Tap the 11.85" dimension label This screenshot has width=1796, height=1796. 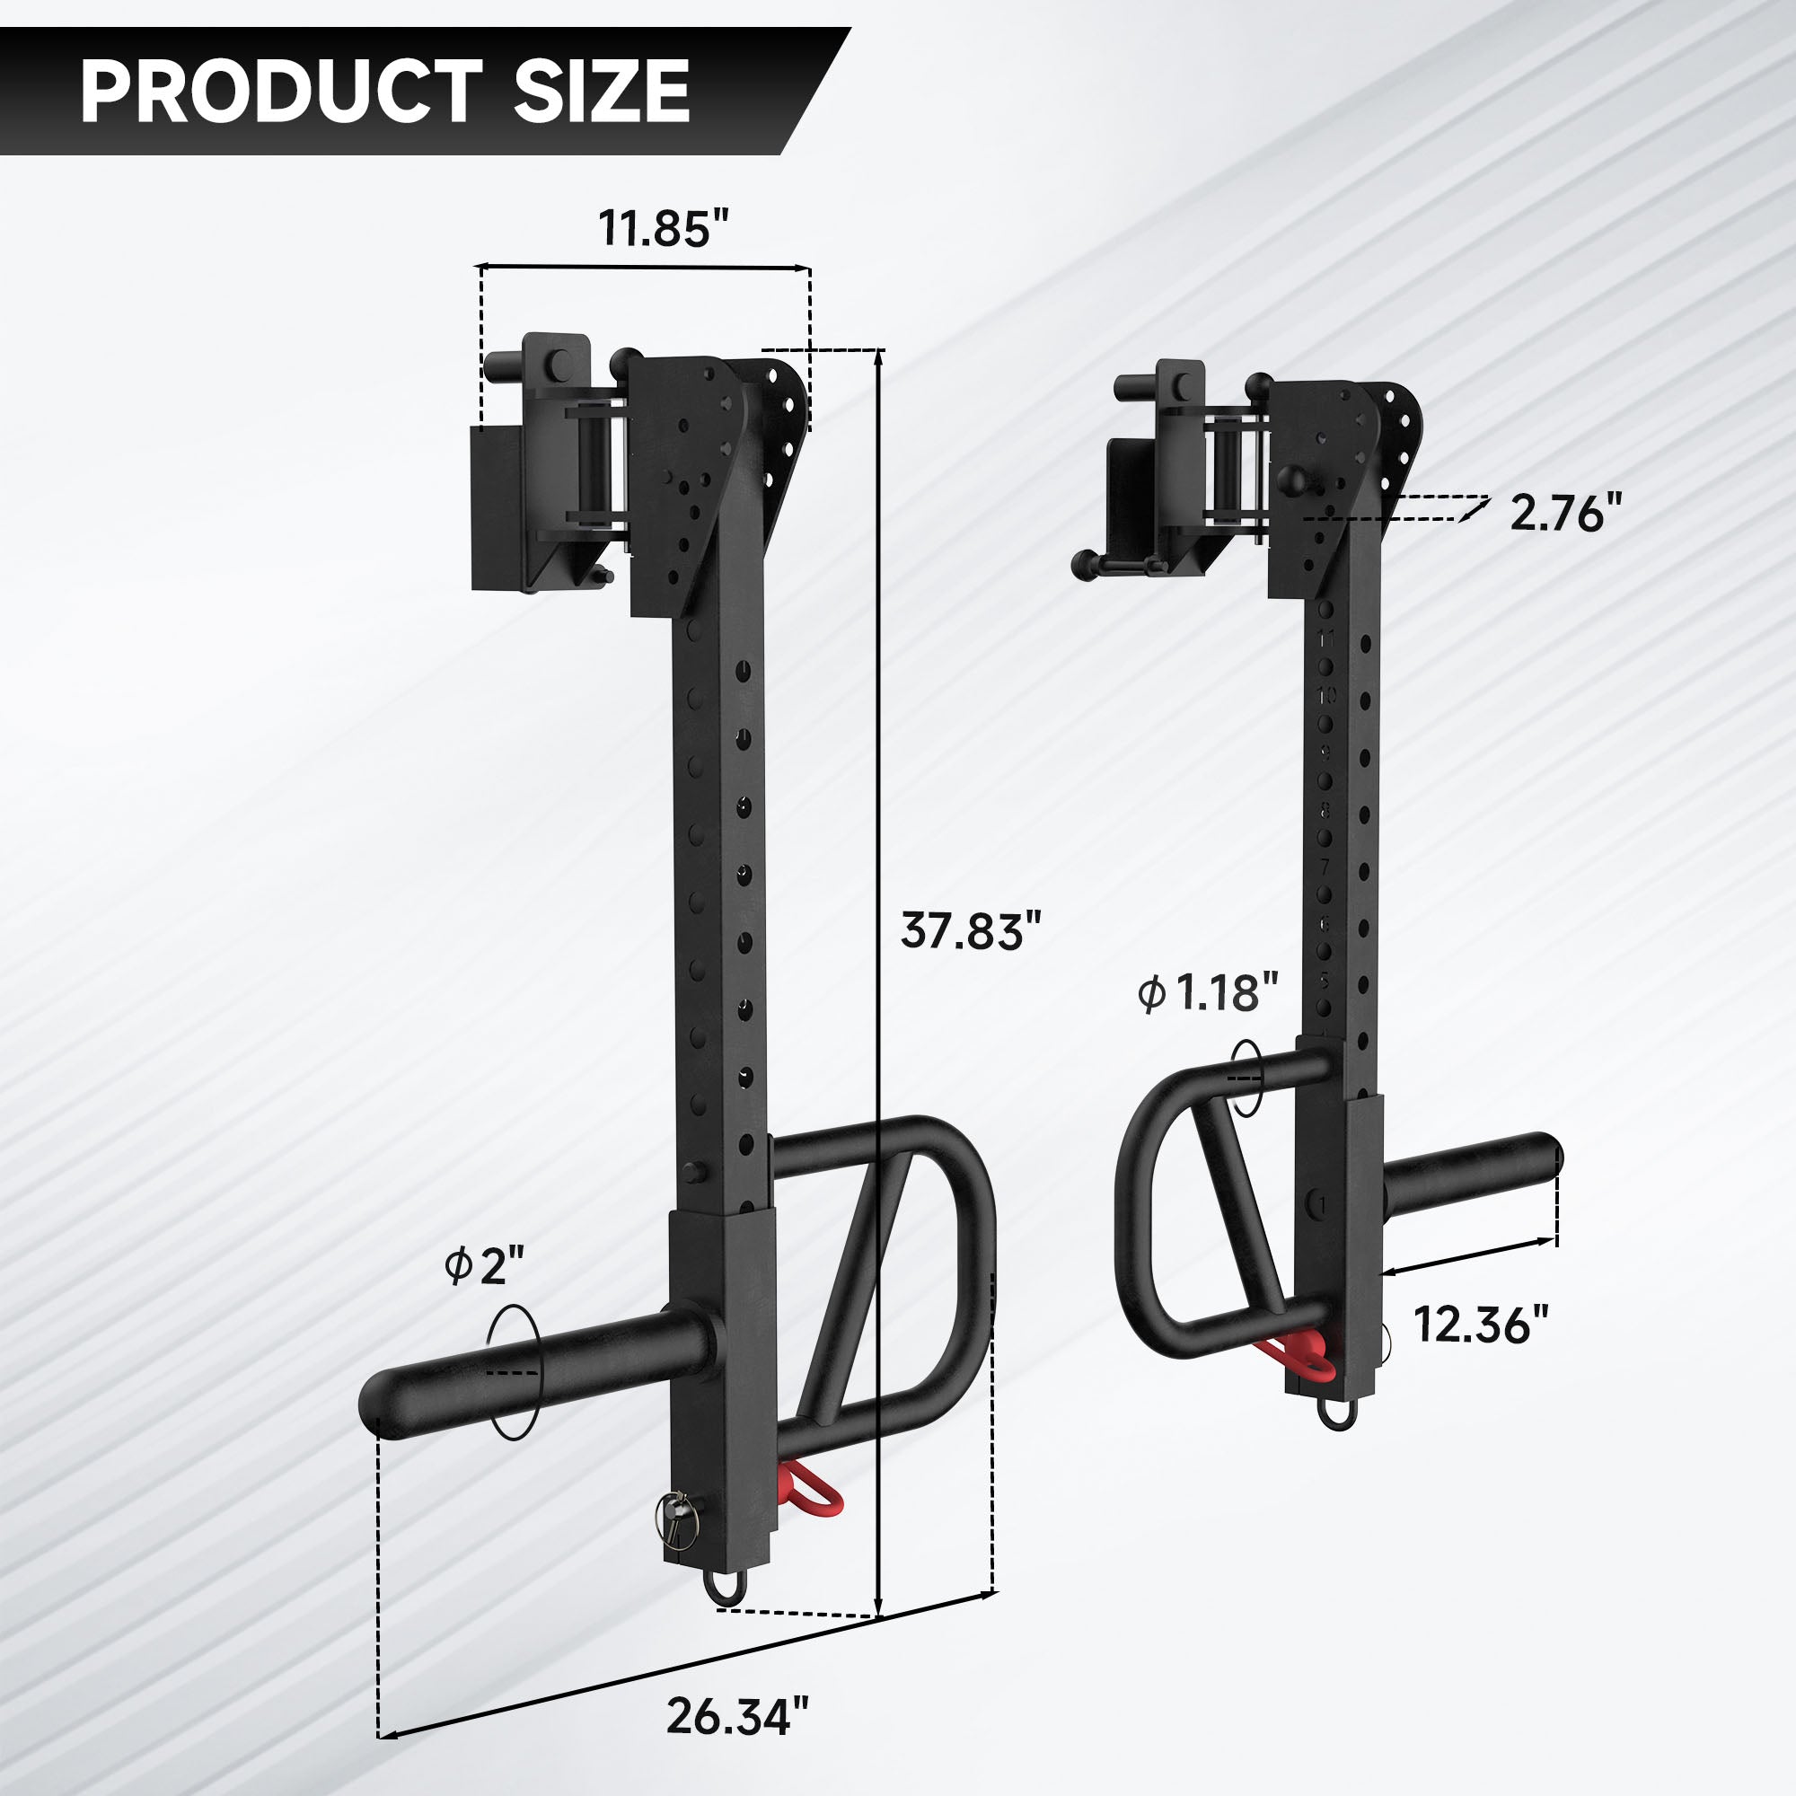664,229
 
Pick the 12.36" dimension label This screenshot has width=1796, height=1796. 1482,1324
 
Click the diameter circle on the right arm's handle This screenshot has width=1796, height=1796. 1246,1077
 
